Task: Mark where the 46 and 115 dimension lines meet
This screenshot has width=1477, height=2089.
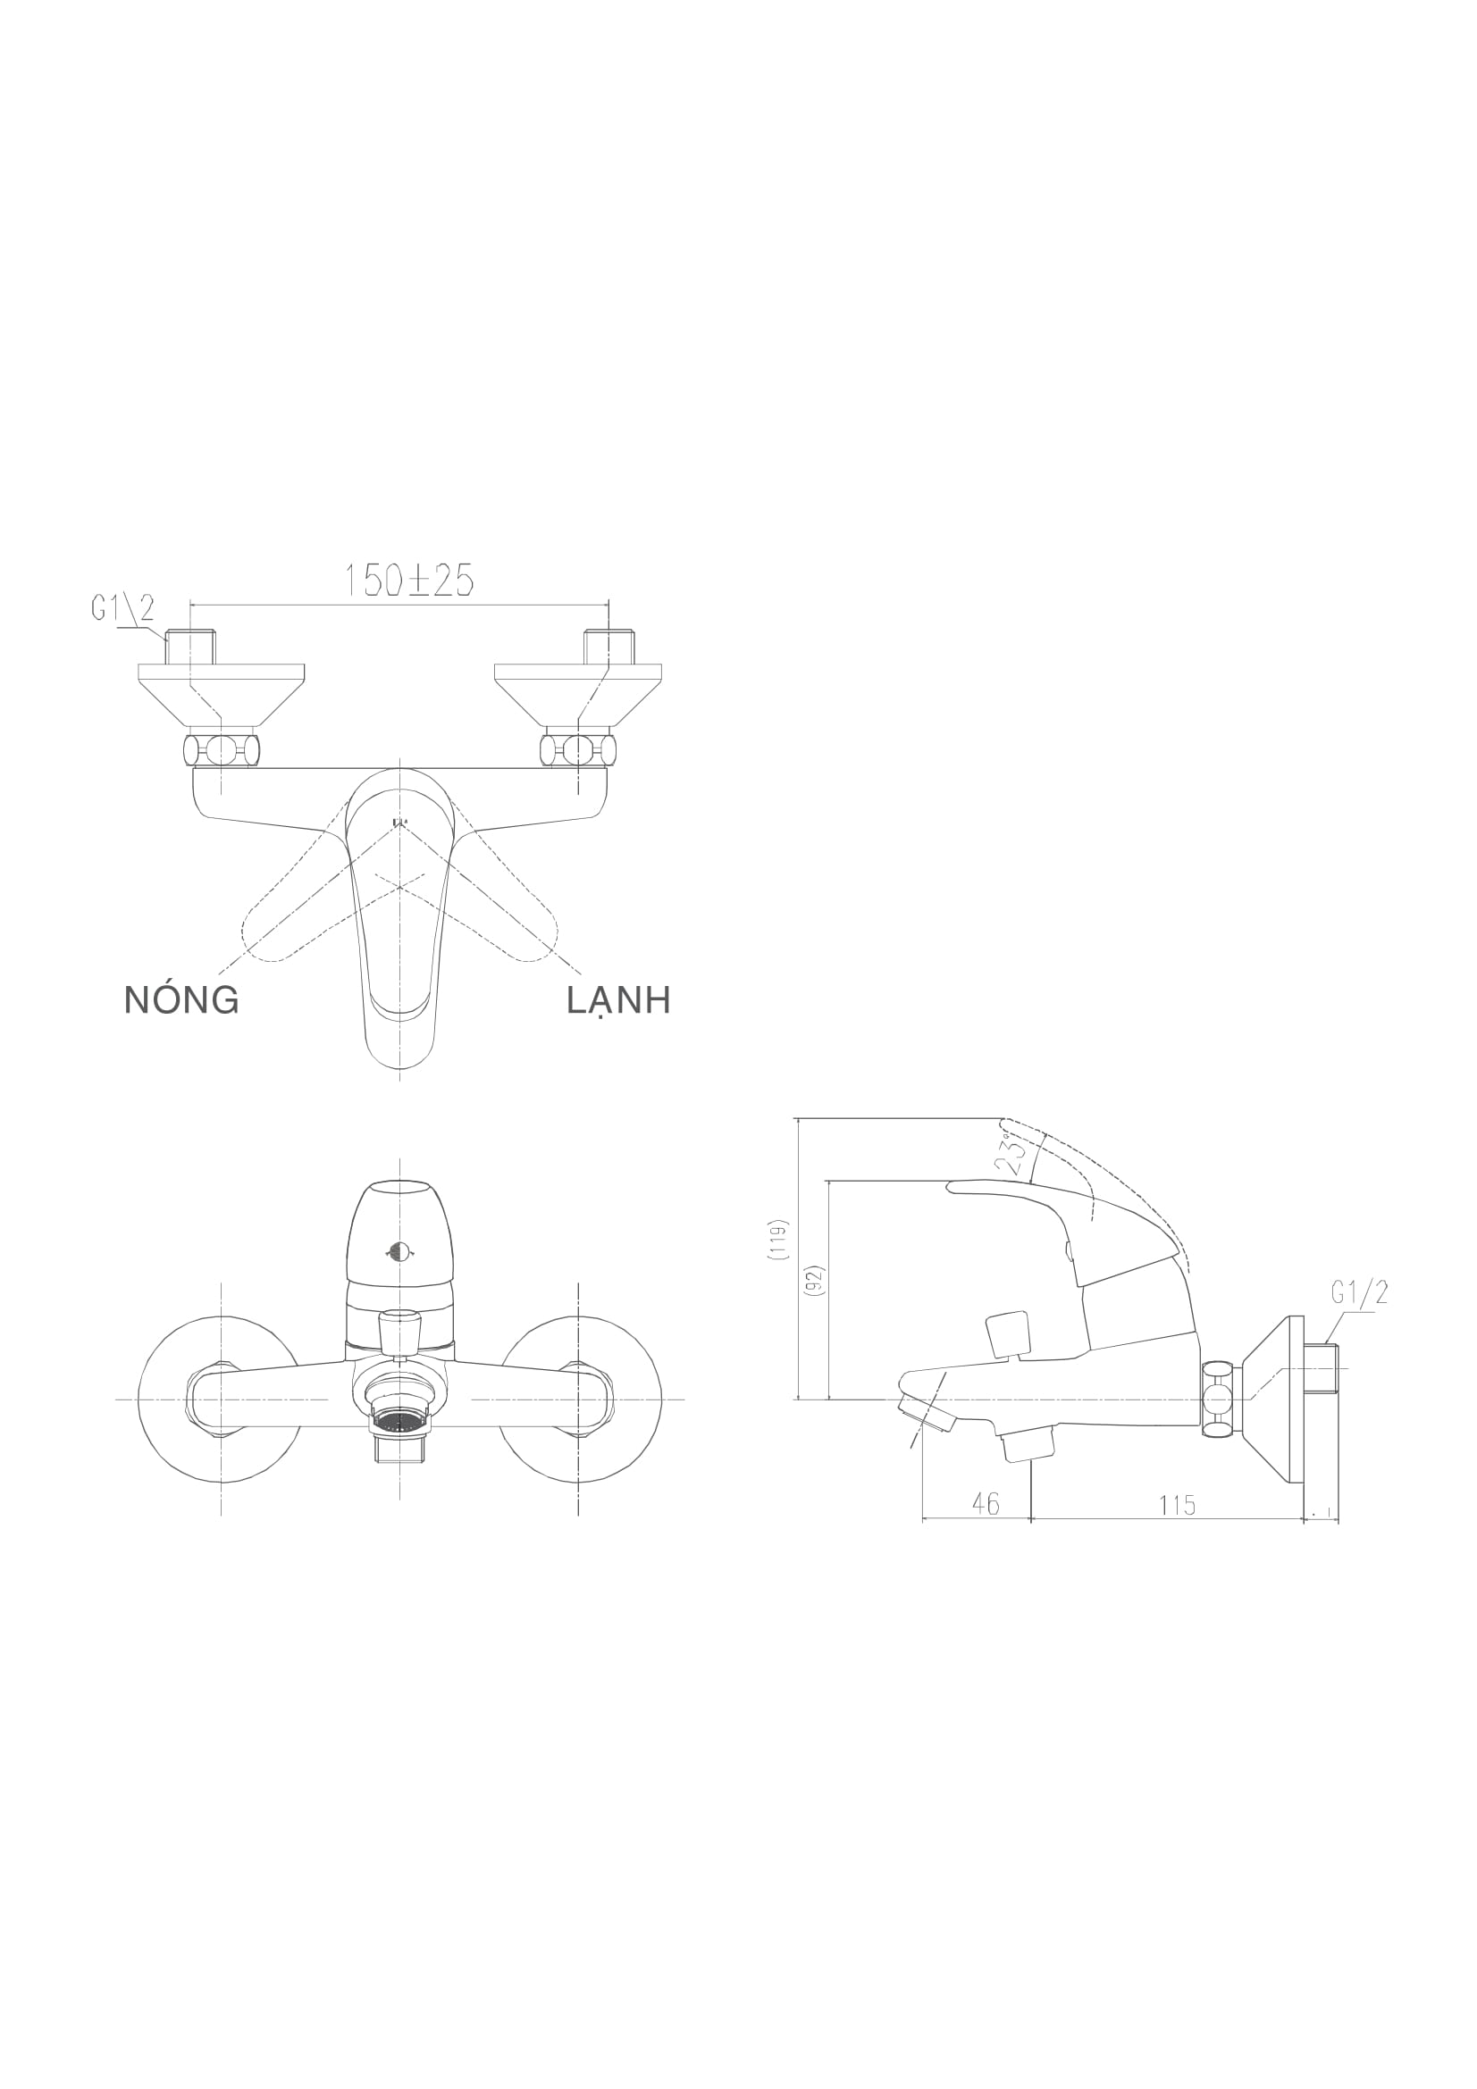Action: (1031, 1518)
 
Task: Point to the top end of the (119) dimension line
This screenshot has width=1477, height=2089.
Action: (799, 1118)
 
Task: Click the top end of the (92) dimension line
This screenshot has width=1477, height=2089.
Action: (830, 1182)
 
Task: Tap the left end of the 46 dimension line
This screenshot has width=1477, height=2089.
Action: (923, 1518)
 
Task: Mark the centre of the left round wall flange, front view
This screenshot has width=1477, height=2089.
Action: (221, 1399)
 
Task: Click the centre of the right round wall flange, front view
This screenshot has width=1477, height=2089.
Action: (579, 1399)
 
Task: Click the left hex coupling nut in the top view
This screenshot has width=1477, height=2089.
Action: (221, 749)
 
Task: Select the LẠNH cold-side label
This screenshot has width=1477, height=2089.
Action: (619, 1001)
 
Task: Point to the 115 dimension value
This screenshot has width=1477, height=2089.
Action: (1178, 1506)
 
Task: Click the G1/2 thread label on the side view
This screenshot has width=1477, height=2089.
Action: (1359, 1293)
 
